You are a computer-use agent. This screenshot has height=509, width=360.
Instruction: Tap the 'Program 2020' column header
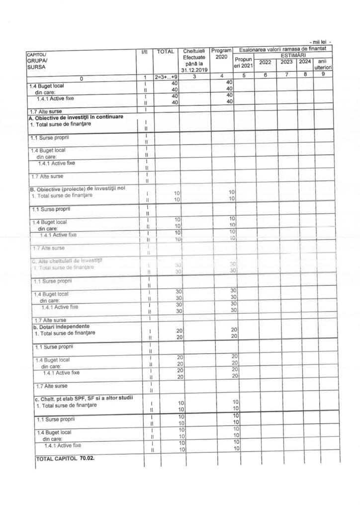tap(221, 54)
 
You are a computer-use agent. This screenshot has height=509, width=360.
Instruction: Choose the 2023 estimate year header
tap(286, 62)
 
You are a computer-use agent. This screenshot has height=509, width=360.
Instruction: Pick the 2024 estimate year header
tap(304, 62)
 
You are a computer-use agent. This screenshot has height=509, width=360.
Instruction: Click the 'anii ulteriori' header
tap(322, 64)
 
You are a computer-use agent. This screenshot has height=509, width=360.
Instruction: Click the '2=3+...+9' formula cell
tap(166, 78)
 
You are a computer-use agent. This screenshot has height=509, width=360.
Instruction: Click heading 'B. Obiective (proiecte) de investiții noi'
tap(81, 188)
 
